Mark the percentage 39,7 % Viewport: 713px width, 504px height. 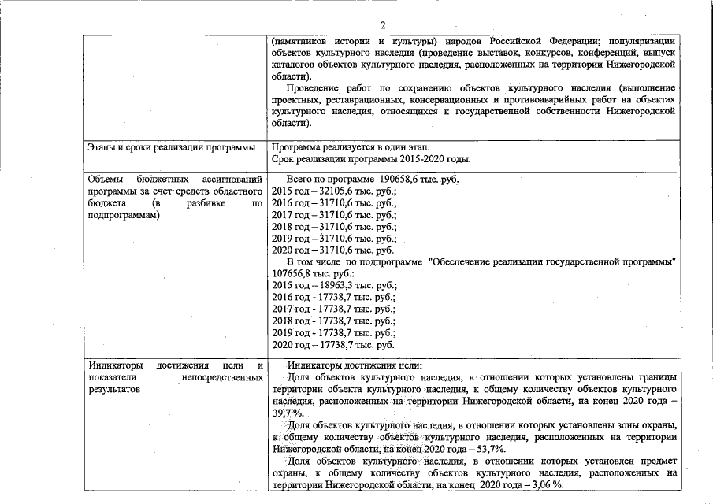click(x=288, y=413)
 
